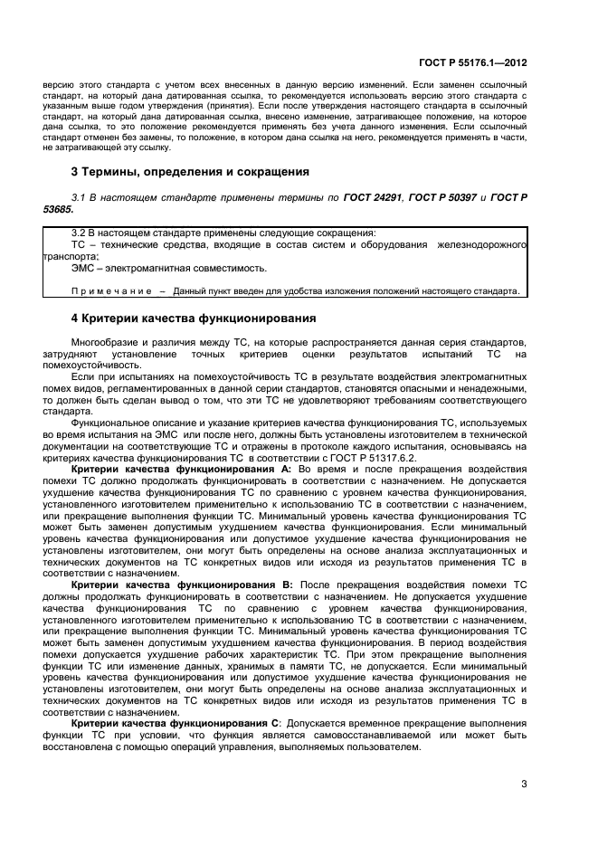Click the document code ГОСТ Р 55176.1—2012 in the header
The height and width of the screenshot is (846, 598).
click(473, 63)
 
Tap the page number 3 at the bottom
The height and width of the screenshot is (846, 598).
click(525, 784)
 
